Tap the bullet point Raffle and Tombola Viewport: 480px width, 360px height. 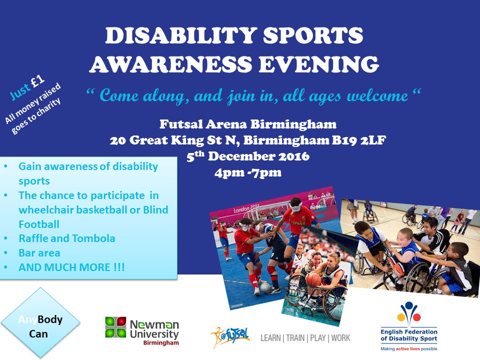click(x=67, y=238)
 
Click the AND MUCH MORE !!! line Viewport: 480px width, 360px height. click(x=72, y=267)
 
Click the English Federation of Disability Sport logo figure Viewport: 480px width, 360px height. click(x=408, y=313)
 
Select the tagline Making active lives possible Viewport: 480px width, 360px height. click(x=408, y=348)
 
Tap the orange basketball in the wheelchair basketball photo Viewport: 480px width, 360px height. click(x=313, y=279)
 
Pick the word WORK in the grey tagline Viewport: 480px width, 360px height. click(x=339, y=338)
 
